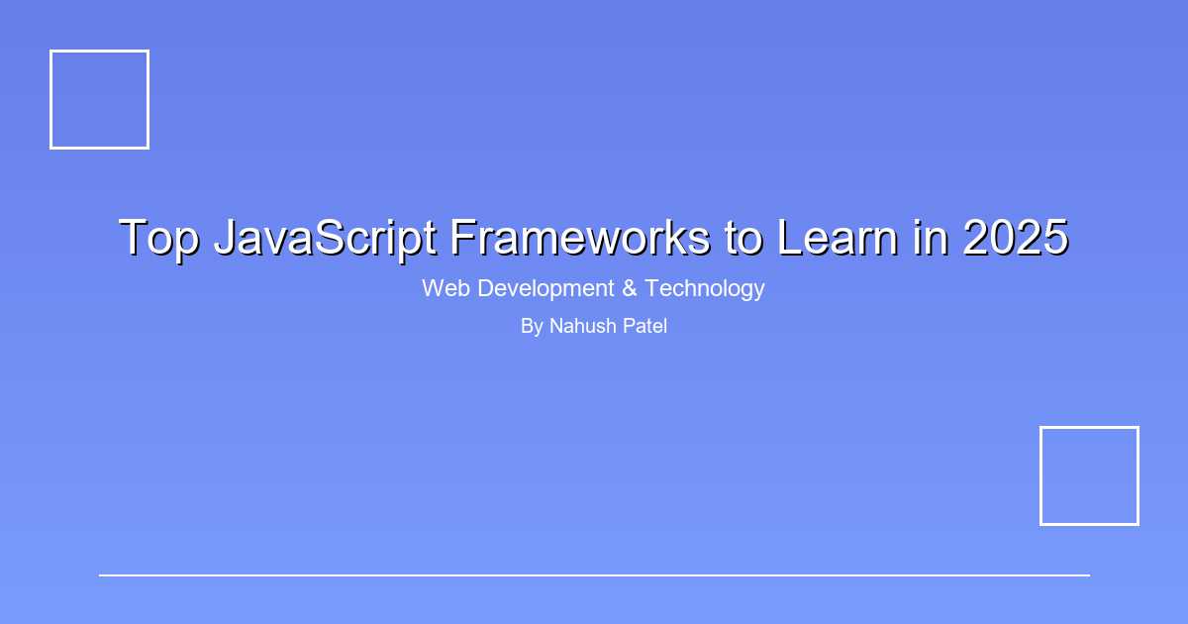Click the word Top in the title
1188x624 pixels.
[158, 239]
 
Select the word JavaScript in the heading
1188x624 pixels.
[326, 239]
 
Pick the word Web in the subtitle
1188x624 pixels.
[445, 288]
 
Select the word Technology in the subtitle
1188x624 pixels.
[705, 288]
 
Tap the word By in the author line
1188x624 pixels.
[532, 326]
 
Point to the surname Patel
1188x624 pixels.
[645, 326]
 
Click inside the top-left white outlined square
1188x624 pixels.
[99, 99]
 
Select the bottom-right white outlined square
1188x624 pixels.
[1089, 475]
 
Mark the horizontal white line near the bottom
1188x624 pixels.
[594, 574]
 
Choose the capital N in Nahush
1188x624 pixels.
[556, 326]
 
